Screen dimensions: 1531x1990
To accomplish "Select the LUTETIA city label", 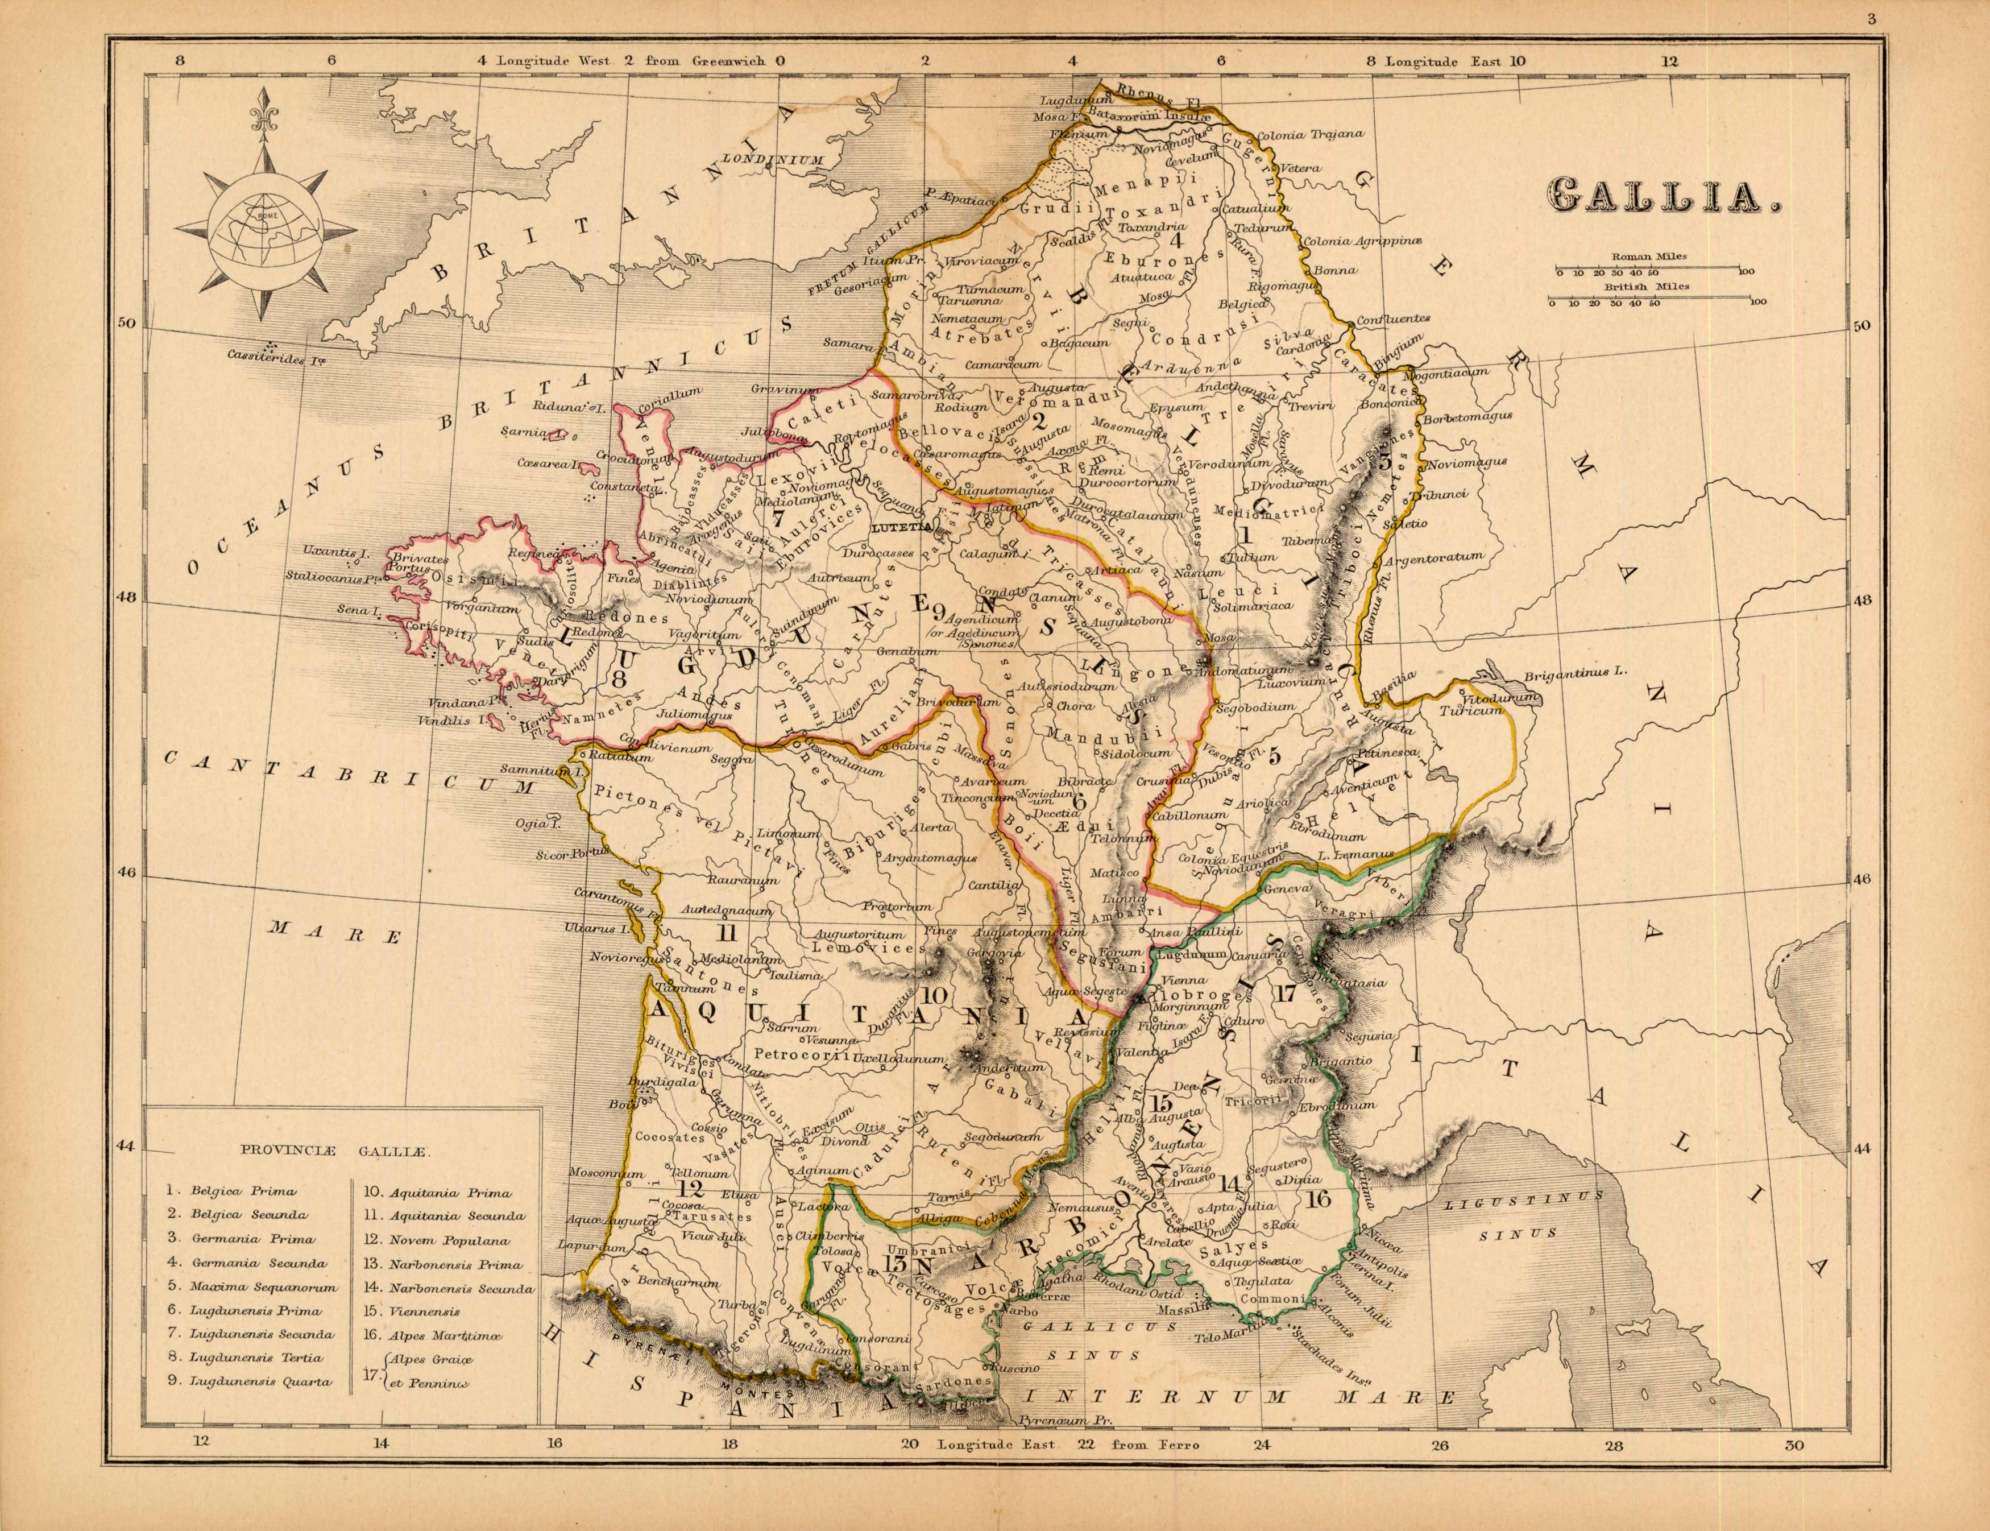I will (x=898, y=527).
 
